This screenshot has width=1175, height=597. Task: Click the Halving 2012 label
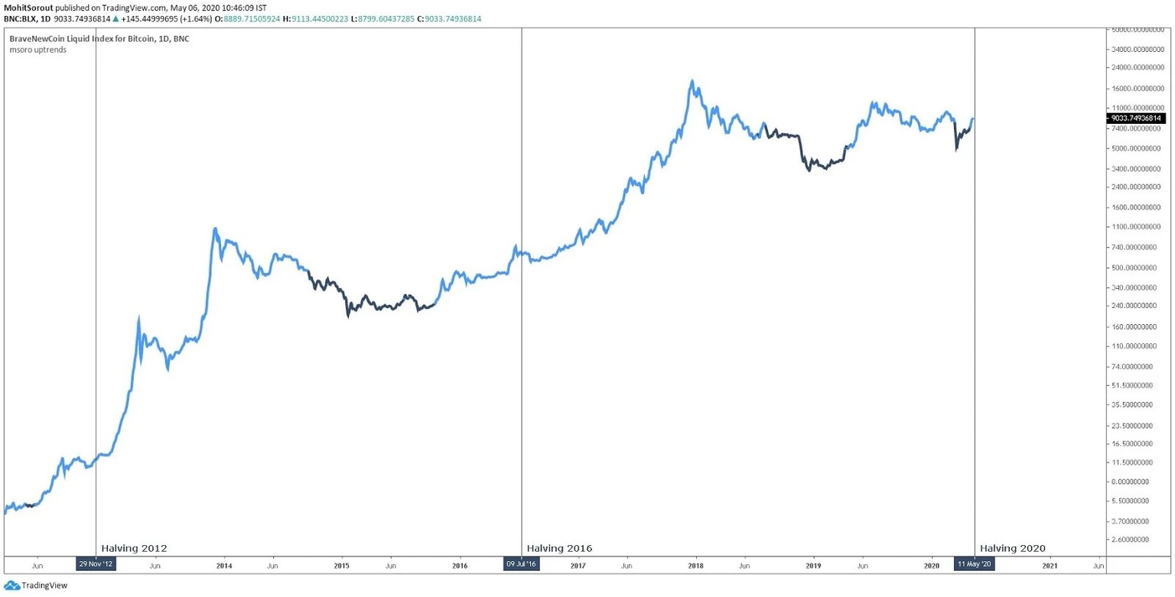pyautogui.click(x=134, y=548)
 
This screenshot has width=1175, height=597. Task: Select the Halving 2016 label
pyautogui.click(x=559, y=548)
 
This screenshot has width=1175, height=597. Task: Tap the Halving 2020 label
pyautogui.click(x=1012, y=548)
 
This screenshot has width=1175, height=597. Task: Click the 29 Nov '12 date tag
pyautogui.click(x=96, y=565)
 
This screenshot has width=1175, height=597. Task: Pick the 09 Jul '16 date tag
pyautogui.click(x=521, y=565)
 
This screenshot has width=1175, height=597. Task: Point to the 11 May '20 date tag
pyautogui.click(x=974, y=565)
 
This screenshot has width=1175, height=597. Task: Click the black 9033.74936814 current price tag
pyautogui.click(x=1137, y=118)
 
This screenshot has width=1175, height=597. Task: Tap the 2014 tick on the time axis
pyautogui.click(x=224, y=566)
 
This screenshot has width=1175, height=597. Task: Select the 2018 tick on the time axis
pyautogui.click(x=695, y=566)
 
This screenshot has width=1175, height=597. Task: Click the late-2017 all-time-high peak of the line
pyautogui.click(x=692, y=81)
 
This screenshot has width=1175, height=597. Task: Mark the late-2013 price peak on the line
pyautogui.click(x=215, y=229)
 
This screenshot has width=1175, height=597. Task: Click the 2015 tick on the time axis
pyautogui.click(x=342, y=566)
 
